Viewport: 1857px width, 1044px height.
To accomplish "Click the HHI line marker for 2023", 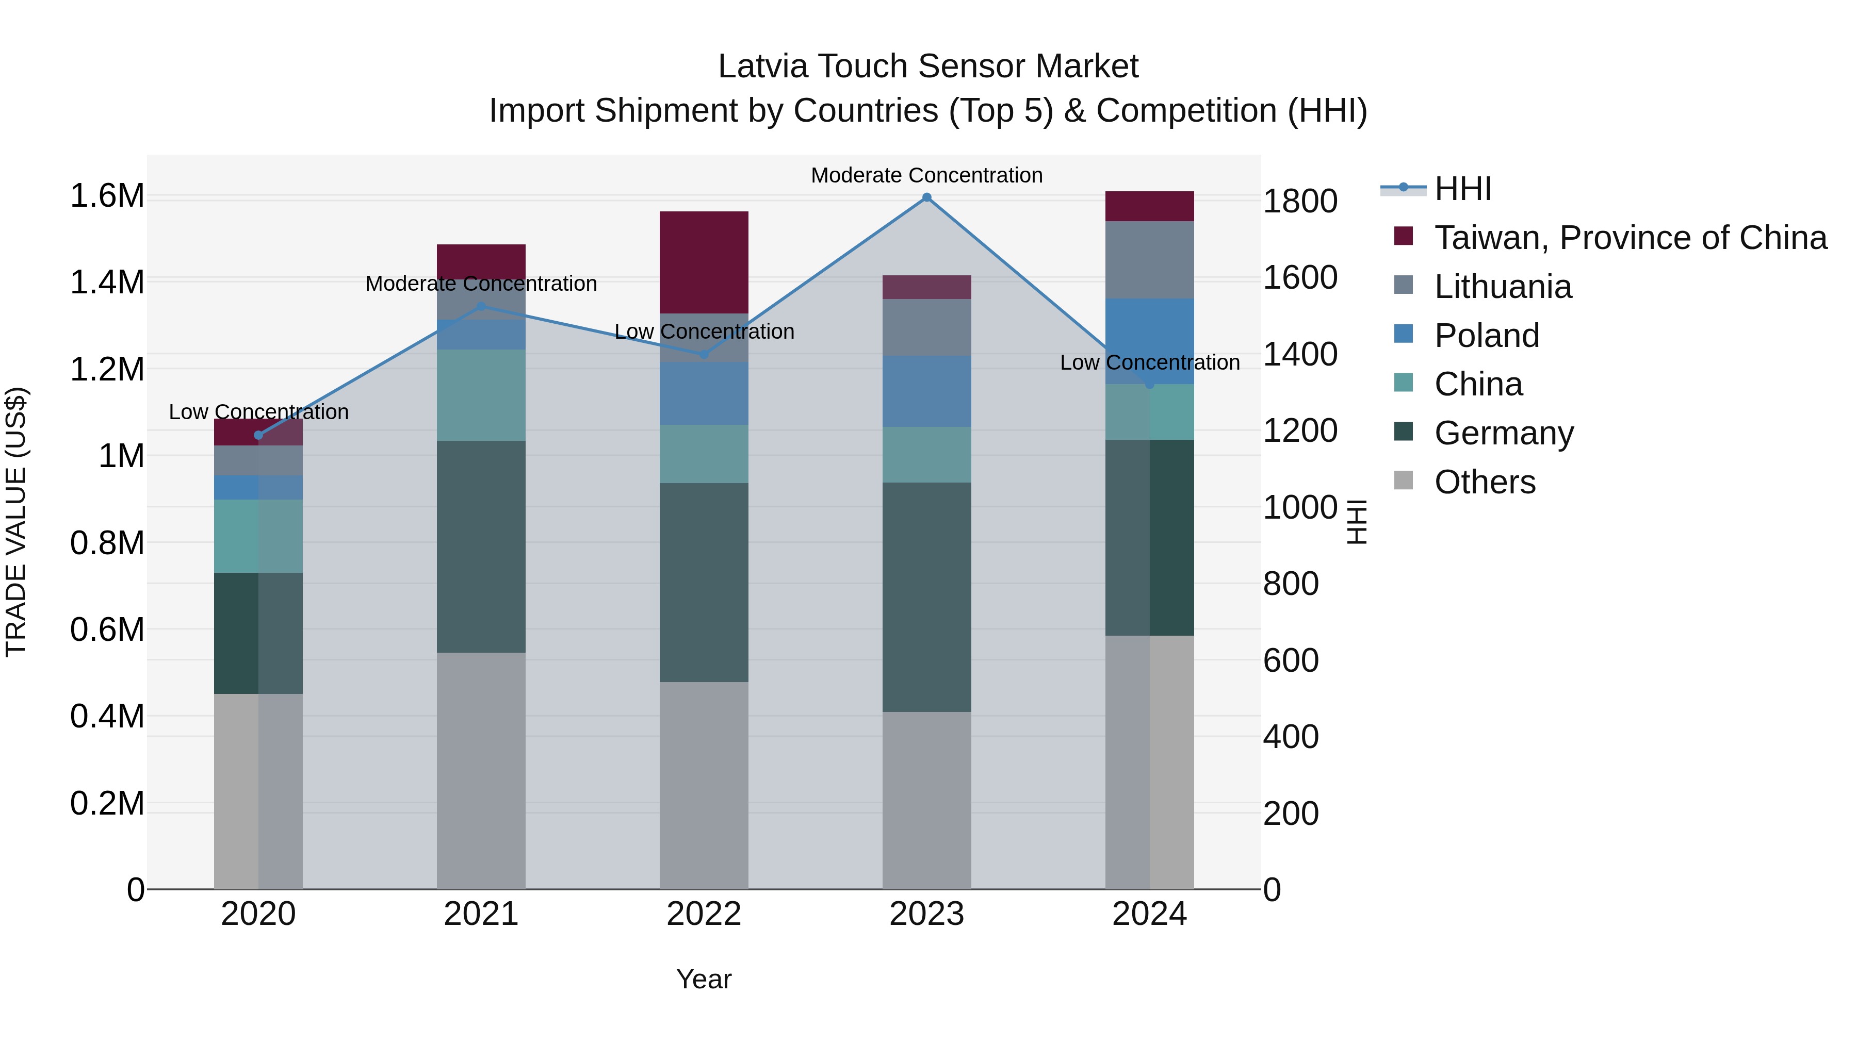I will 926,197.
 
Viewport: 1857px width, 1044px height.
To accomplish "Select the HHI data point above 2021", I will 482,306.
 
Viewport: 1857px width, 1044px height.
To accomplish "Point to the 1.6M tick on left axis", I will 107,196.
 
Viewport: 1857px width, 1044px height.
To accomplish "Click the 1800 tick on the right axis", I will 1300,201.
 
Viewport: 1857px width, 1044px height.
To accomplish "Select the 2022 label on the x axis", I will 704,914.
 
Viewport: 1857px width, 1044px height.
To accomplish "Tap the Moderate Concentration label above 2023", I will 926,175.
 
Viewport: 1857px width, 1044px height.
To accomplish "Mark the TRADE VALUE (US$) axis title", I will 16,522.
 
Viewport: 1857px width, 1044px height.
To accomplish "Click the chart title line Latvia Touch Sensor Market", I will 928,67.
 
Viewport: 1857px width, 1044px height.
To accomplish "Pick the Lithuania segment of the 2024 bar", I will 1149,259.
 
